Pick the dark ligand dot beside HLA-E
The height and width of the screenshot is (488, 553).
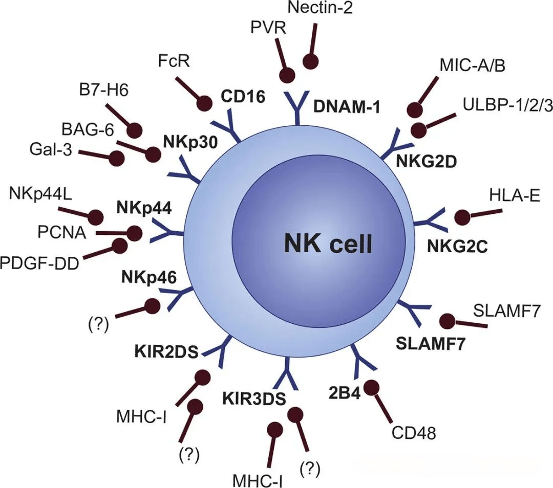coord(462,217)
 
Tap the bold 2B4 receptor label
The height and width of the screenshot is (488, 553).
coord(345,394)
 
